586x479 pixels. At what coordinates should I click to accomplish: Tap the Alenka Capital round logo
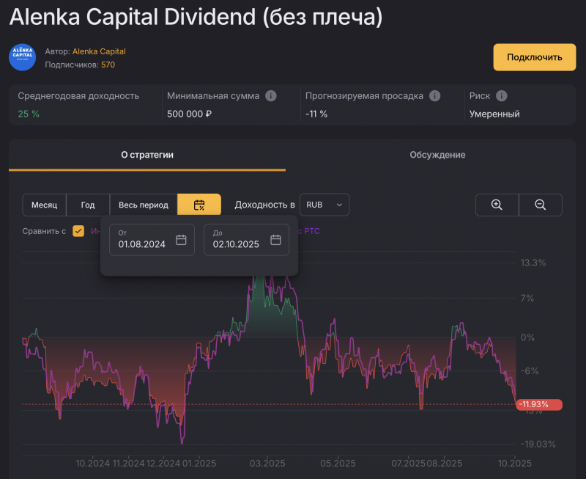coord(22,57)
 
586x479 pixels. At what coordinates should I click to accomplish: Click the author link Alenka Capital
coord(99,51)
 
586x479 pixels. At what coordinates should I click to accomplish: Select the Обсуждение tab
coord(437,155)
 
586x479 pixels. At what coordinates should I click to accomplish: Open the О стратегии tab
coord(147,155)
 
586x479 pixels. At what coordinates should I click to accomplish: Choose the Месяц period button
coord(44,205)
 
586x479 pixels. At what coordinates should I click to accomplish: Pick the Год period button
coord(88,205)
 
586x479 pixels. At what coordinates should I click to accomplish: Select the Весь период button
coord(144,205)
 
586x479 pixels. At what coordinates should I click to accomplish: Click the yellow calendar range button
coord(199,205)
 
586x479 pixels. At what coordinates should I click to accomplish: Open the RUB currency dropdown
coord(324,205)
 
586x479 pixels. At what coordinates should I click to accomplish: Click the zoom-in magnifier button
coord(497,205)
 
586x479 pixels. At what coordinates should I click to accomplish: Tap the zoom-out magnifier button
coord(541,205)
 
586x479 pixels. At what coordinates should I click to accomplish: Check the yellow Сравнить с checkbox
coord(78,231)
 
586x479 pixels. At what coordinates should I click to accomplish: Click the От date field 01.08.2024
coord(152,240)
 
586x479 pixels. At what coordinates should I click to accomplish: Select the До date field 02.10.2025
coord(246,240)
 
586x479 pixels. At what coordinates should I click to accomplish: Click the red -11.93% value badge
coord(538,404)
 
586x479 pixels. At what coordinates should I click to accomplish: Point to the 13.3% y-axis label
coord(533,263)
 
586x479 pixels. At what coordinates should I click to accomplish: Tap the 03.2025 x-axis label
coord(267,463)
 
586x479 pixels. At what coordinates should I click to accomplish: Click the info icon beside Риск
coord(501,96)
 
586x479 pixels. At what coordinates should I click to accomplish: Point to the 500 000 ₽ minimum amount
coord(189,114)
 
